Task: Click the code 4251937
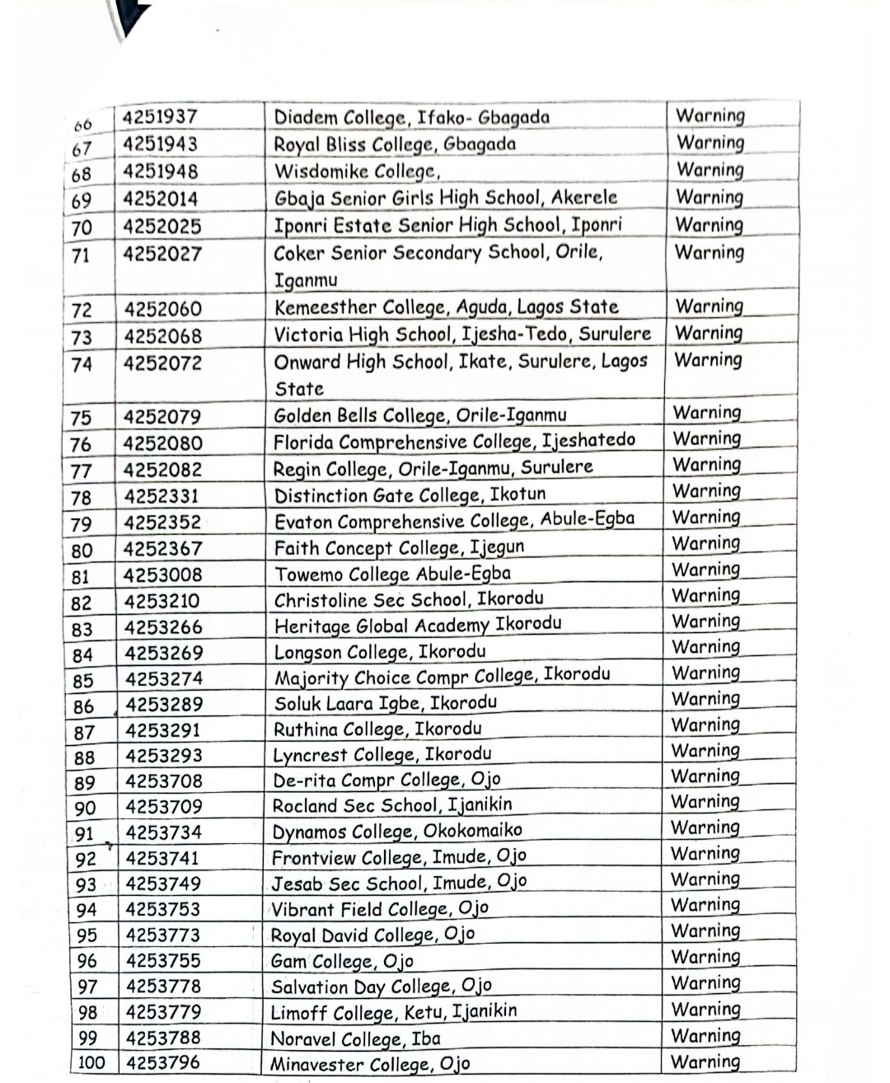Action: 160,117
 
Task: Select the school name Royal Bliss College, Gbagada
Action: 395,144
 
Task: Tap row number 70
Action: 82,228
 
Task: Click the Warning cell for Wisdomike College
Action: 710,170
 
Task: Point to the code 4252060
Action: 162,309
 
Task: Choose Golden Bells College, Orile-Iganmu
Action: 419,415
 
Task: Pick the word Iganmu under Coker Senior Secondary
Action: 306,280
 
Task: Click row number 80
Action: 82,551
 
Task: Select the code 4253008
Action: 162,574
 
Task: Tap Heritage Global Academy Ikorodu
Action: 418,626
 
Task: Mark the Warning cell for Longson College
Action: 706,647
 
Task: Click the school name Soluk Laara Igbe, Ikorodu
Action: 385,703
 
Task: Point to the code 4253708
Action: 164,781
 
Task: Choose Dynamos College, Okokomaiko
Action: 397,831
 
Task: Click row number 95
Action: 87,935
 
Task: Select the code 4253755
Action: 163,960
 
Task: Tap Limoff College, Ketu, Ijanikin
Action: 394,1011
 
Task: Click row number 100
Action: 91,1063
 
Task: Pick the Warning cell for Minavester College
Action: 705,1062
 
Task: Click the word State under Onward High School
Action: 299,389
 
